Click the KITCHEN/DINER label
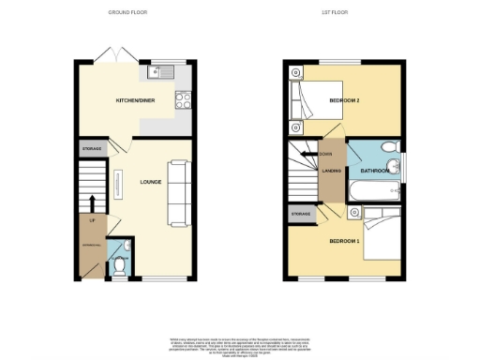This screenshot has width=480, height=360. [x=134, y=99]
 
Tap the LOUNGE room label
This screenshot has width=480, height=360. [x=152, y=182]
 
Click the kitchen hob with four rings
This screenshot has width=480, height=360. [x=182, y=97]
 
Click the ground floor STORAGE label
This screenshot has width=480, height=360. [x=90, y=147]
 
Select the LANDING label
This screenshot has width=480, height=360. [x=330, y=171]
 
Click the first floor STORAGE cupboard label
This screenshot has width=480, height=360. [x=300, y=214]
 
